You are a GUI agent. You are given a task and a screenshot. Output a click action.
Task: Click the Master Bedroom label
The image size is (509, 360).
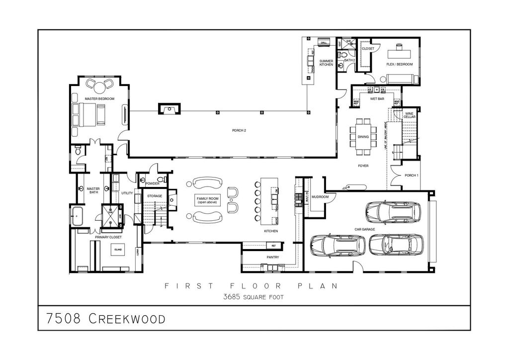coord(99,99)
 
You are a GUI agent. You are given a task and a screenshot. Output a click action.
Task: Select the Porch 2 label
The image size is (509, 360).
coord(239,131)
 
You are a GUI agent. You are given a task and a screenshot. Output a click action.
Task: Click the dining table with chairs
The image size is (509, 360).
coord(363,132)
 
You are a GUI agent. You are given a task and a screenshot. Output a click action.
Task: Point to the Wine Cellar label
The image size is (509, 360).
coord(410,115)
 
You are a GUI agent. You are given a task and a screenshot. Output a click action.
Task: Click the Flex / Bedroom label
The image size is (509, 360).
coord(400,64)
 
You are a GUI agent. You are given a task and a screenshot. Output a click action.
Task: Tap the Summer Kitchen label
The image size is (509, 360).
coord(326,63)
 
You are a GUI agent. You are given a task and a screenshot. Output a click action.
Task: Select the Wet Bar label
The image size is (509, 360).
coord(377,99)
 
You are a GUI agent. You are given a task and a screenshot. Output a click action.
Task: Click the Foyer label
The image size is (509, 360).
coord(363,166)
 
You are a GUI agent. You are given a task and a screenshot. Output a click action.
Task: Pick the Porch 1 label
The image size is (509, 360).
coord(412,176)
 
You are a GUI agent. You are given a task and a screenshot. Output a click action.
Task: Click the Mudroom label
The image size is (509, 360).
coord(320,197)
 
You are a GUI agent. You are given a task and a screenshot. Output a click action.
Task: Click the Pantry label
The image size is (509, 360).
coord(272,257)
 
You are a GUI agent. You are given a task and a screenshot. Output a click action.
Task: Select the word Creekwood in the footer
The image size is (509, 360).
coord(127,319)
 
